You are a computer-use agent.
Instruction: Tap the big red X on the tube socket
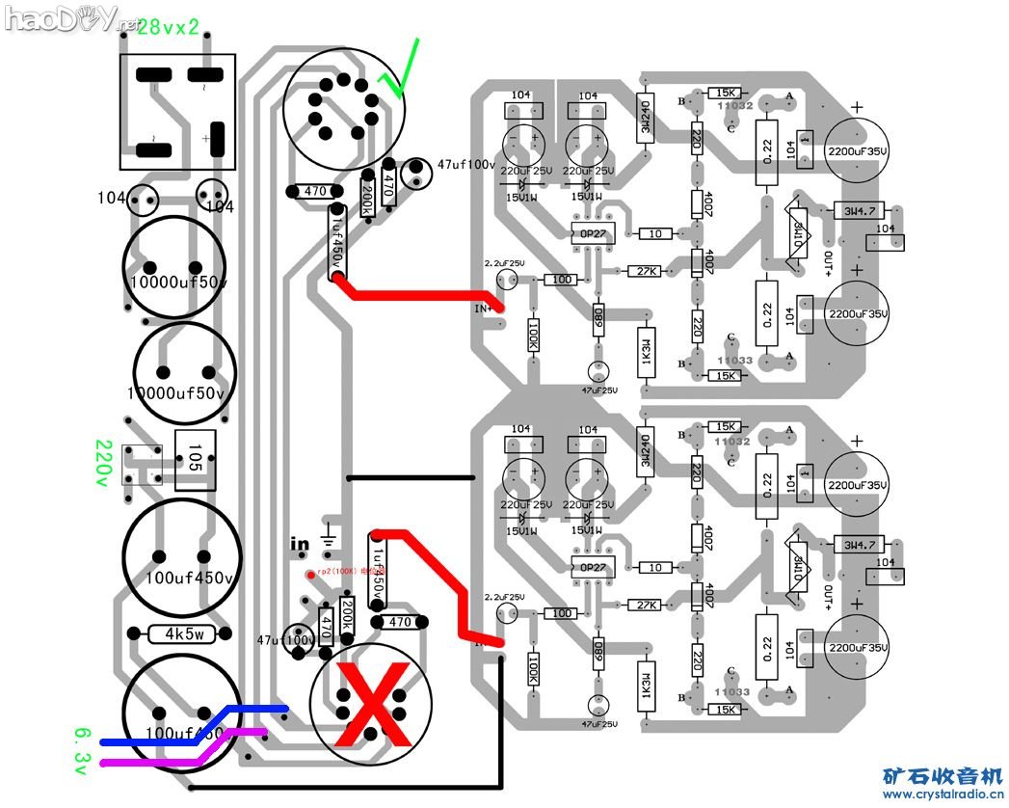pos(369,709)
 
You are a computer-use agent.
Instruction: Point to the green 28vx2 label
pos(168,27)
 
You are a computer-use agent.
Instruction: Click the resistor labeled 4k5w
pos(188,633)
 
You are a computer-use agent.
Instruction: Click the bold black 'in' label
pos(300,545)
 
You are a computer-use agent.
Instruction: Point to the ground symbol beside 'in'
pos(330,531)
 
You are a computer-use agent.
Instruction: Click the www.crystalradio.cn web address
pos(943,795)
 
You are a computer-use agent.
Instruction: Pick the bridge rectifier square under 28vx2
pos(175,110)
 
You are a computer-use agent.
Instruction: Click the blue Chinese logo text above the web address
pos(943,775)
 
